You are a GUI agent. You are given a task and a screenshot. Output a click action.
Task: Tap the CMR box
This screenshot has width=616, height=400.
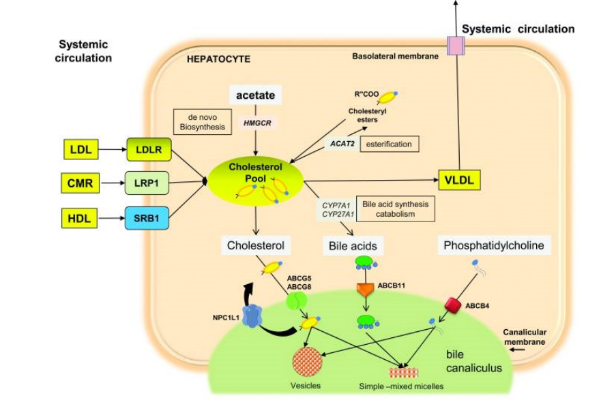80,182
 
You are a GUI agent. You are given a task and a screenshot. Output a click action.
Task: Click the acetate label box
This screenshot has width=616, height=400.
256,95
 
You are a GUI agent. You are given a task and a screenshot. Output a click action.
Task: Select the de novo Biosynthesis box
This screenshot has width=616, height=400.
200,121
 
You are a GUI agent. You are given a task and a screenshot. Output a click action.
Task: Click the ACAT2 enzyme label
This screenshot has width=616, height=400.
342,144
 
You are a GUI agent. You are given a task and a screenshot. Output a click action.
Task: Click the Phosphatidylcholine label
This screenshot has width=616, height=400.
494,245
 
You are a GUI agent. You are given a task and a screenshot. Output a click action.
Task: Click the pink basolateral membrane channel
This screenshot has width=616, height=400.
454,46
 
